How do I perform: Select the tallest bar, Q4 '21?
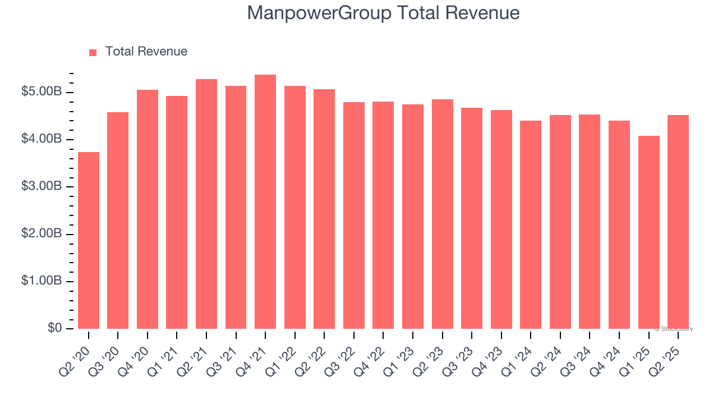point(265,201)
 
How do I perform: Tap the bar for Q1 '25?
point(648,232)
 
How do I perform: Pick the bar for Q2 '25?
point(678,222)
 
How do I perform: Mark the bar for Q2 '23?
point(442,214)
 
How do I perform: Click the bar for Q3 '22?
point(354,215)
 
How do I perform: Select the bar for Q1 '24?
point(531,224)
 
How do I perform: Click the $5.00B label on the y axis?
point(41,92)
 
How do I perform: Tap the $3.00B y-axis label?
point(41,186)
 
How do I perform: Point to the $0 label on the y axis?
point(54,328)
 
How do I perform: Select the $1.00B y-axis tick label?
point(41,281)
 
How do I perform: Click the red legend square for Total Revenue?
point(93,52)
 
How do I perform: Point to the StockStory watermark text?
point(675,329)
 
